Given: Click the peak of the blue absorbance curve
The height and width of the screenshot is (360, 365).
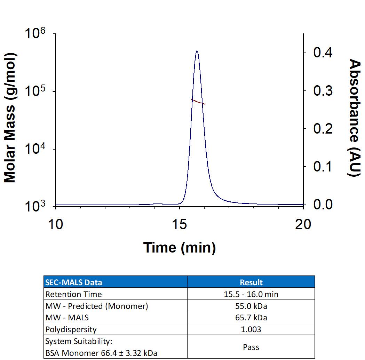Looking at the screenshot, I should point(197,51).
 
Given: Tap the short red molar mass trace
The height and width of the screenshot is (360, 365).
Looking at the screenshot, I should point(198,102).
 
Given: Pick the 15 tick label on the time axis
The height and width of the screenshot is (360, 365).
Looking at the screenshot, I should point(179,224).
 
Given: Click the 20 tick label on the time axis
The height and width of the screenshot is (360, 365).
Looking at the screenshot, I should point(303,224).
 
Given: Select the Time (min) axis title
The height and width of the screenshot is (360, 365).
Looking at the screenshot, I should point(180,248).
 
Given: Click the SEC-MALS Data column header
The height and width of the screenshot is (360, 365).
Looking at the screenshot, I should point(74,282).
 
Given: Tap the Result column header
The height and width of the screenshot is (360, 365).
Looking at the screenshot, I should point(251,282).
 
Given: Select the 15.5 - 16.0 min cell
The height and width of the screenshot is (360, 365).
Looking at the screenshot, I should point(251,294).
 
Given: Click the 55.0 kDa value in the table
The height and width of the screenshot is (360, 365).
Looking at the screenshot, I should point(251,306).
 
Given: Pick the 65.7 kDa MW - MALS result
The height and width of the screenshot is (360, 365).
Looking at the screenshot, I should point(251,318).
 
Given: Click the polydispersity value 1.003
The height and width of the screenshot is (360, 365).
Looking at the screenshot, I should point(251,329).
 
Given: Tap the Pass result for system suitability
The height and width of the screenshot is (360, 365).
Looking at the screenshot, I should point(251,347).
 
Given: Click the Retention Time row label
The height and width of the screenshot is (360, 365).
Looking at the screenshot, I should point(74,294).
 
